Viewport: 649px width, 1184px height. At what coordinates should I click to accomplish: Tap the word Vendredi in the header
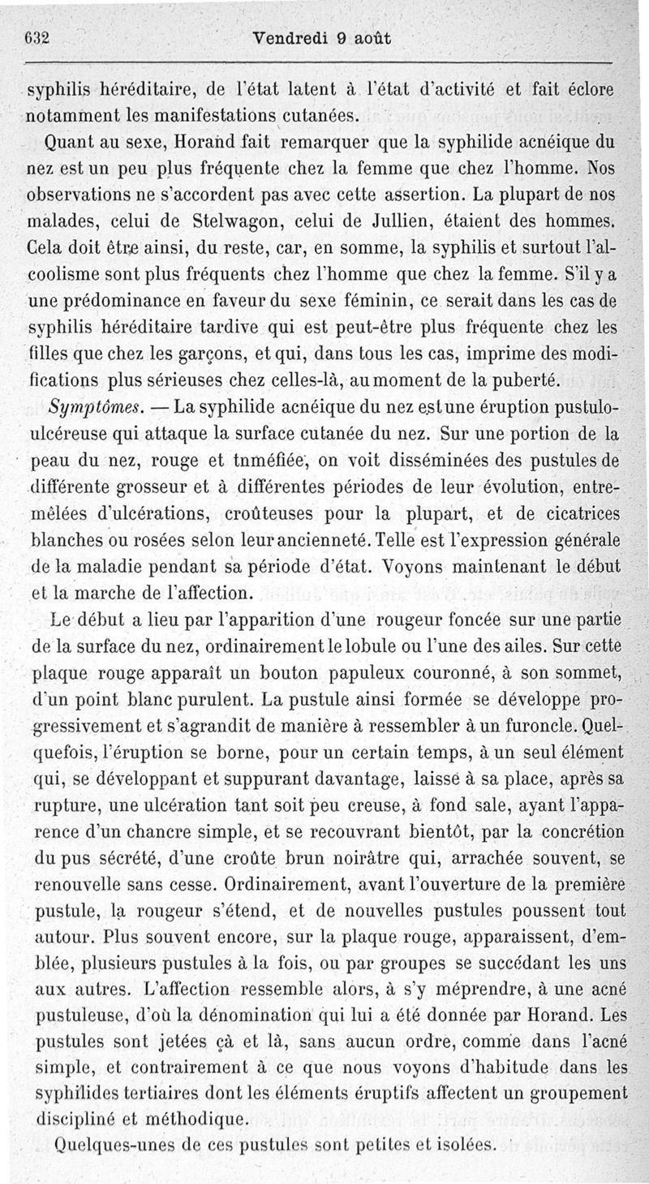(287, 38)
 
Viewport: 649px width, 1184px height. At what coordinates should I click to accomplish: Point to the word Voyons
(417, 565)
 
